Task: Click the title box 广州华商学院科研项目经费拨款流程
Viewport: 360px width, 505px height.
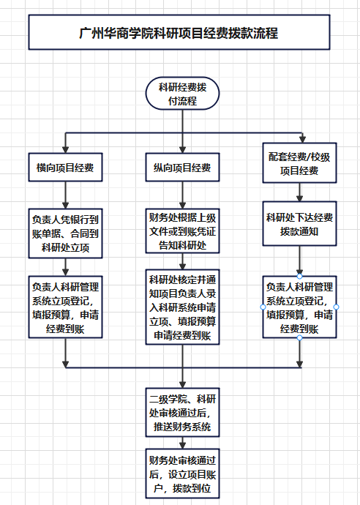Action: coord(179,32)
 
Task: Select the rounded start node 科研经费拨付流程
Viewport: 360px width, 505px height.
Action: coord(183,94)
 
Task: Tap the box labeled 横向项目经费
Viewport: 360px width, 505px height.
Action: coord(65,167)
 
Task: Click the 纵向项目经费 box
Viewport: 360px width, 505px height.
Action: coord(183,167)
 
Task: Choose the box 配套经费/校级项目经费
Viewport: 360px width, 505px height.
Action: coord(299,163)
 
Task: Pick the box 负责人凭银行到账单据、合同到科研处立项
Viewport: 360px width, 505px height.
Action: coord(65,233)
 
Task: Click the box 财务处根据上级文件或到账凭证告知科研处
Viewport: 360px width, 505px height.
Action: coord(183,231)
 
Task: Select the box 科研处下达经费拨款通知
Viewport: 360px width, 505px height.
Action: coord(299,224)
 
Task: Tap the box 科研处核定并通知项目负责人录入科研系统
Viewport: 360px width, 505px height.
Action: coord(183,307)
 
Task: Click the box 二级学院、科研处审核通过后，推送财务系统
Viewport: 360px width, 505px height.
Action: coord(183,413)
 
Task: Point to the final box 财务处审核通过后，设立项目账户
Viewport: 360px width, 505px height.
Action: coord(183,474)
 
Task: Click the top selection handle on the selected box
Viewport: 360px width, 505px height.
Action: coord(299,277)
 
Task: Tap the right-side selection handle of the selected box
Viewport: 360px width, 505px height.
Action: coord(336,307)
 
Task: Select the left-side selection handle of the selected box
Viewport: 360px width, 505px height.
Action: coord(263,307)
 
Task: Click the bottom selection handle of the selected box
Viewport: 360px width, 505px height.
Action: coord(299,337)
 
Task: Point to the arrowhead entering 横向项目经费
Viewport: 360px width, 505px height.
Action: coord(65,150)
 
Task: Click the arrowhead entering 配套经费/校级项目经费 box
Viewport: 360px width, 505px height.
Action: coord(302,140)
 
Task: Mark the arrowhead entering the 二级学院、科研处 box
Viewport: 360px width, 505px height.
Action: coord(183,385)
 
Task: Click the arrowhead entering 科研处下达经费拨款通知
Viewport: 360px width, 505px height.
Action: coord(299,198)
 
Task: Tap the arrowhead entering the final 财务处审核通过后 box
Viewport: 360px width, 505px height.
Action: coord(183,446)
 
